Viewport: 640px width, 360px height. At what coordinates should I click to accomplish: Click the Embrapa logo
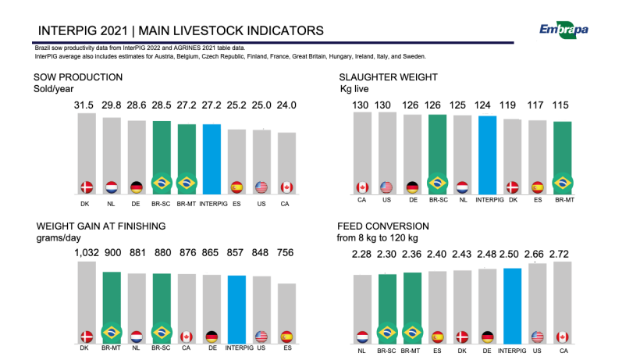click(x=564, y=30)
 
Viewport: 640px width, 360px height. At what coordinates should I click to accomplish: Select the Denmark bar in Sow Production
click(x=87, y=154)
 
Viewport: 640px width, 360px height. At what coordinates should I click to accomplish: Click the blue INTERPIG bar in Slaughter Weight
click(x=487, y=155)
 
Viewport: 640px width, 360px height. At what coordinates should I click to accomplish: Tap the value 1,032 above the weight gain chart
click(x=87, y=253)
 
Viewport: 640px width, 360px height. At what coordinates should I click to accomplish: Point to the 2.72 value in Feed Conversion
click(x=559, y=255)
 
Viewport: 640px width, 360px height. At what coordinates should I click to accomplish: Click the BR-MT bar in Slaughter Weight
click(x=563, y=158)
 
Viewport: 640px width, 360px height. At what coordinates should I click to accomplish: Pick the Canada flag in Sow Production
click(x=286, y=187)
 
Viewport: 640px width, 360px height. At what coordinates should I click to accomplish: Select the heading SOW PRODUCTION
click(x=78, y=77)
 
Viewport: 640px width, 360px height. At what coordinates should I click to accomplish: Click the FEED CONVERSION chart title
click(x=383, y=226)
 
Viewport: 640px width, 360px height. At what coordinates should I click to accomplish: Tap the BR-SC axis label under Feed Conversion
click(x=386, y=351)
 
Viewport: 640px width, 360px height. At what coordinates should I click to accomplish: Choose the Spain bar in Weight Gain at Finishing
click(x=287, y=313)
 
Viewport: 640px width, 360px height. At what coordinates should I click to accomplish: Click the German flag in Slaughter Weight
click(x=412, y=187)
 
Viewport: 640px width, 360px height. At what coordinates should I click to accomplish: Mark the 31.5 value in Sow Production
click(x=84, y=105)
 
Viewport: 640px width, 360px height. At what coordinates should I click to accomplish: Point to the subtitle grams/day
click(x=59, y=238)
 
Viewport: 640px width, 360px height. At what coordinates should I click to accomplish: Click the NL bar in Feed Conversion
click(x=362, y=309)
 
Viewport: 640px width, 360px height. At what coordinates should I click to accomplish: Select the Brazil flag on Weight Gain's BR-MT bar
click(x=112, y=333)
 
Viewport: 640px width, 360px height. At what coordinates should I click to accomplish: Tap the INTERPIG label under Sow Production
click(x=214, y=204)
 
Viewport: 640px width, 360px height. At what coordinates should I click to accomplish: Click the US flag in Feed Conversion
click(x=538, y=337)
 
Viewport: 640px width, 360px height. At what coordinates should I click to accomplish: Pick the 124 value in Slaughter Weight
click(x=482, y=105)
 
